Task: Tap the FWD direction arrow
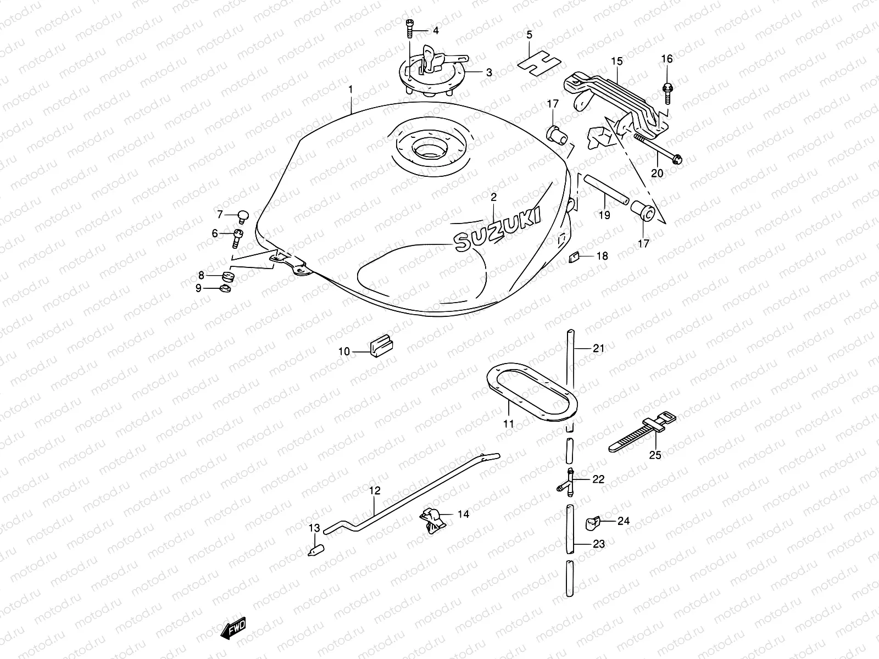click(233, 628)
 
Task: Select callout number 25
click(655, 455)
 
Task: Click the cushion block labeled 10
click(380, 347)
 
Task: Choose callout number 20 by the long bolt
click(657, 174)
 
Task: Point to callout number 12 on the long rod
click(374, 490)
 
